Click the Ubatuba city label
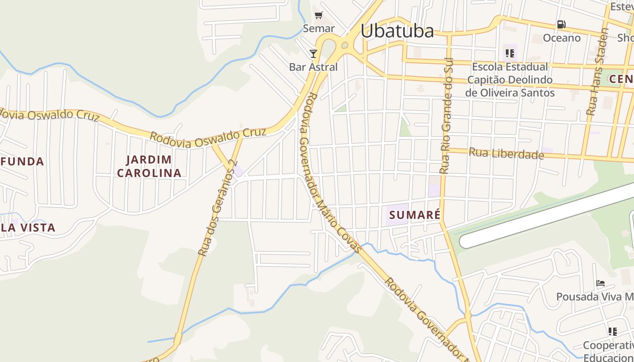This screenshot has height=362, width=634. tap(397, 31)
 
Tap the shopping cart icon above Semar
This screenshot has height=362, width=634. tap(319, 15)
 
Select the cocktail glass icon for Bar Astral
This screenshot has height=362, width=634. tap(313, 54)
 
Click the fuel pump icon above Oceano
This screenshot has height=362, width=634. tap(561, 24)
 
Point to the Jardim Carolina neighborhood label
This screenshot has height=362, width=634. tap(149, 166)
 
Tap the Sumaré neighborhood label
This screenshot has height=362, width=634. tap(414, 214)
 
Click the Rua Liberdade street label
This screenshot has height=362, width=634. tap(506, 154)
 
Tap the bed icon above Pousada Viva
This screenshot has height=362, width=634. tap(600, 283)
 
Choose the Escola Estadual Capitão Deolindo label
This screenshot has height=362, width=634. tap(510, 80)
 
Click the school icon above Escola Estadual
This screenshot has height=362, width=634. tap(510, 54)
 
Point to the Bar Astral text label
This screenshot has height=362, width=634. tap(313, 67)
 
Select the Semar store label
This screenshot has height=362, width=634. tap(319, 28)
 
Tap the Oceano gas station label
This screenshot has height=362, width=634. tap(562, 38)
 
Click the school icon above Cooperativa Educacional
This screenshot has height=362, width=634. tap(613, 332)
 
